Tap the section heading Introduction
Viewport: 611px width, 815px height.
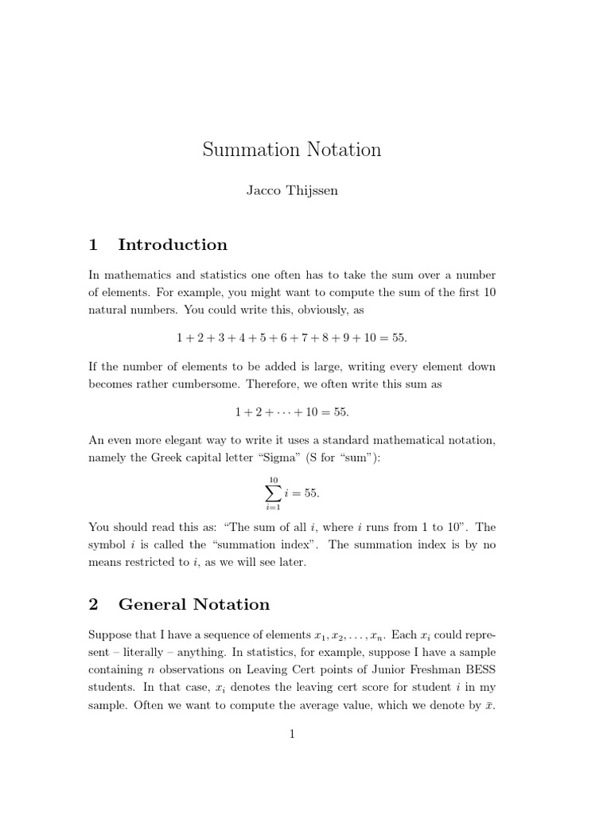tap(173, 245)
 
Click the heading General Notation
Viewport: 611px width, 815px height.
tap(194, 605)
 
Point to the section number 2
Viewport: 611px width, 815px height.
tap(93, 605)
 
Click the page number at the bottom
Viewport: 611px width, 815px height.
tap(292, 735)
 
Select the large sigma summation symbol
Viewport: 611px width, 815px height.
tap(273, 493)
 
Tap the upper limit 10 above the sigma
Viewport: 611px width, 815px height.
tap(273, 480)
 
